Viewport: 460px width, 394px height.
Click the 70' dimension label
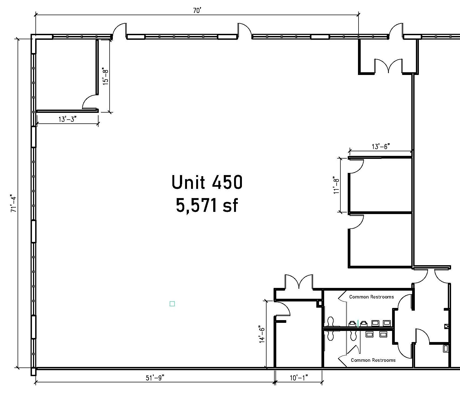coord(197,11)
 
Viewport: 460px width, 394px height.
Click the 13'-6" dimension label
coord(381,146)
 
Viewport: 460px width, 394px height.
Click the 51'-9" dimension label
coord(155,378)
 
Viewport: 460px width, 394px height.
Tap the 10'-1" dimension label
coord(299,378)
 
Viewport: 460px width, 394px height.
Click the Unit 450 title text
coord(207,182)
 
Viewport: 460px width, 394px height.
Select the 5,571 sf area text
coord(207,205)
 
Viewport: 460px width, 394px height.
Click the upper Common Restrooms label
coord(371,297)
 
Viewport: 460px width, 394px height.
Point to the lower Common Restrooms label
coord(373,360)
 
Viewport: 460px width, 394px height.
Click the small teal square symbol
coord(172,304)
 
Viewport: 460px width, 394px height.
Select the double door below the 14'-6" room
coord(299,282)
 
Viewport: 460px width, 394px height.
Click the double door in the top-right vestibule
coord(388,66)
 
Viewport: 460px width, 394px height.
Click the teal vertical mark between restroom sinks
coord(358,323)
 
